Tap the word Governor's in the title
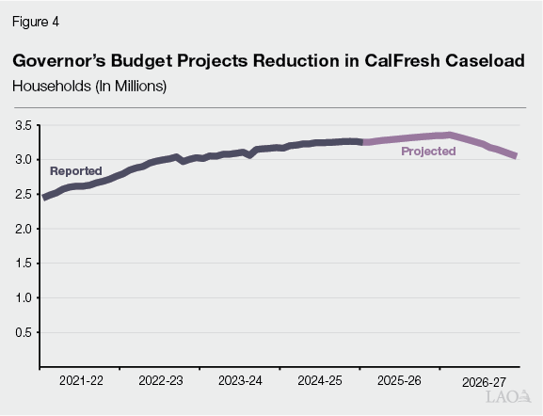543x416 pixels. pos(58,60)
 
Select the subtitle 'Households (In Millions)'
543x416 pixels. pos(89,86)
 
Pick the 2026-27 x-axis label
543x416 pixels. pos(483,383)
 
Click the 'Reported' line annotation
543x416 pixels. pos(75,171)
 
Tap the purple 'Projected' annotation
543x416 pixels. pos(428,152)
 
